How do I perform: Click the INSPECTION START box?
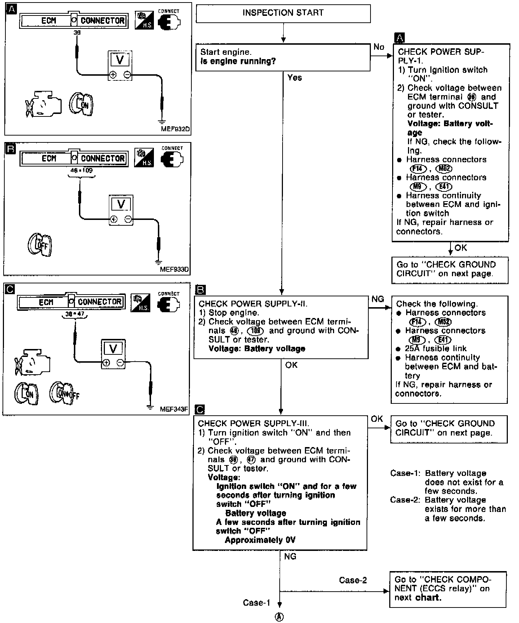point(283,13)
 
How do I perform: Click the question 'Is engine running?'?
point(238,61)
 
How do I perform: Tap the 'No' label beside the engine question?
point(379,47)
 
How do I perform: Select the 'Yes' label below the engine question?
point(294,78)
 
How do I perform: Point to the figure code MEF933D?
point(174,269)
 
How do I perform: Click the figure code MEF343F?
point(174,409)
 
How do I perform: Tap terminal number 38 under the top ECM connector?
point(77,32)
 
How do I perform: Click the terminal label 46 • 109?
point(81,170)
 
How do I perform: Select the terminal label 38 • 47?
point(75,314)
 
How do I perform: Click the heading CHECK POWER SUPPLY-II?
point(253,304)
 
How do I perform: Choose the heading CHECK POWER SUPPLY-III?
point(253,424)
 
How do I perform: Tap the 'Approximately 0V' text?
point(260,540)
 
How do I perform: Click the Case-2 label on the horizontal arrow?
point(352,580)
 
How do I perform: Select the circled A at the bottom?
point(279,617)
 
